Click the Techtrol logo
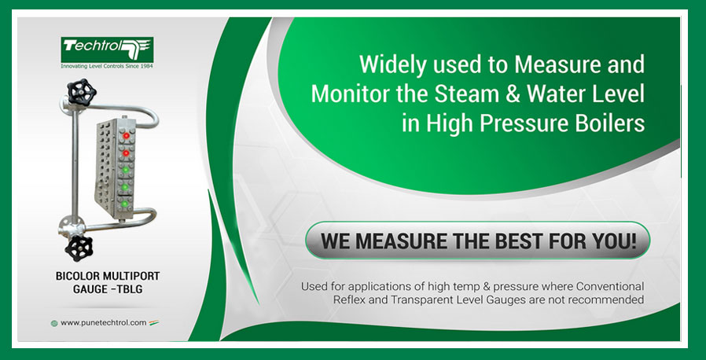click(x=107, y=50)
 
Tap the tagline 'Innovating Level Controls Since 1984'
click(x=107, y=66)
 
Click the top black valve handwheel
click(x=82, y=92)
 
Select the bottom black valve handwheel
click(x=79, y=248)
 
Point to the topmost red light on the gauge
click(x=126, y=135)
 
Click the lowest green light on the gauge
click(x=125, y=204)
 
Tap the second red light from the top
click(x=126, y=153)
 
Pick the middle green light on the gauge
click(x=125, y=187)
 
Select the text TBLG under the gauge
click(x=130, y=289)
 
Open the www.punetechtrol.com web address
click(x=104, y=322)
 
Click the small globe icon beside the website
click(x=54, y=323)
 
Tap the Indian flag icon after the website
click(x=153, y=322)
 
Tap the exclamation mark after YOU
click(x=634, y=241)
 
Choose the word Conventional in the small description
click(x=611, y=286)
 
